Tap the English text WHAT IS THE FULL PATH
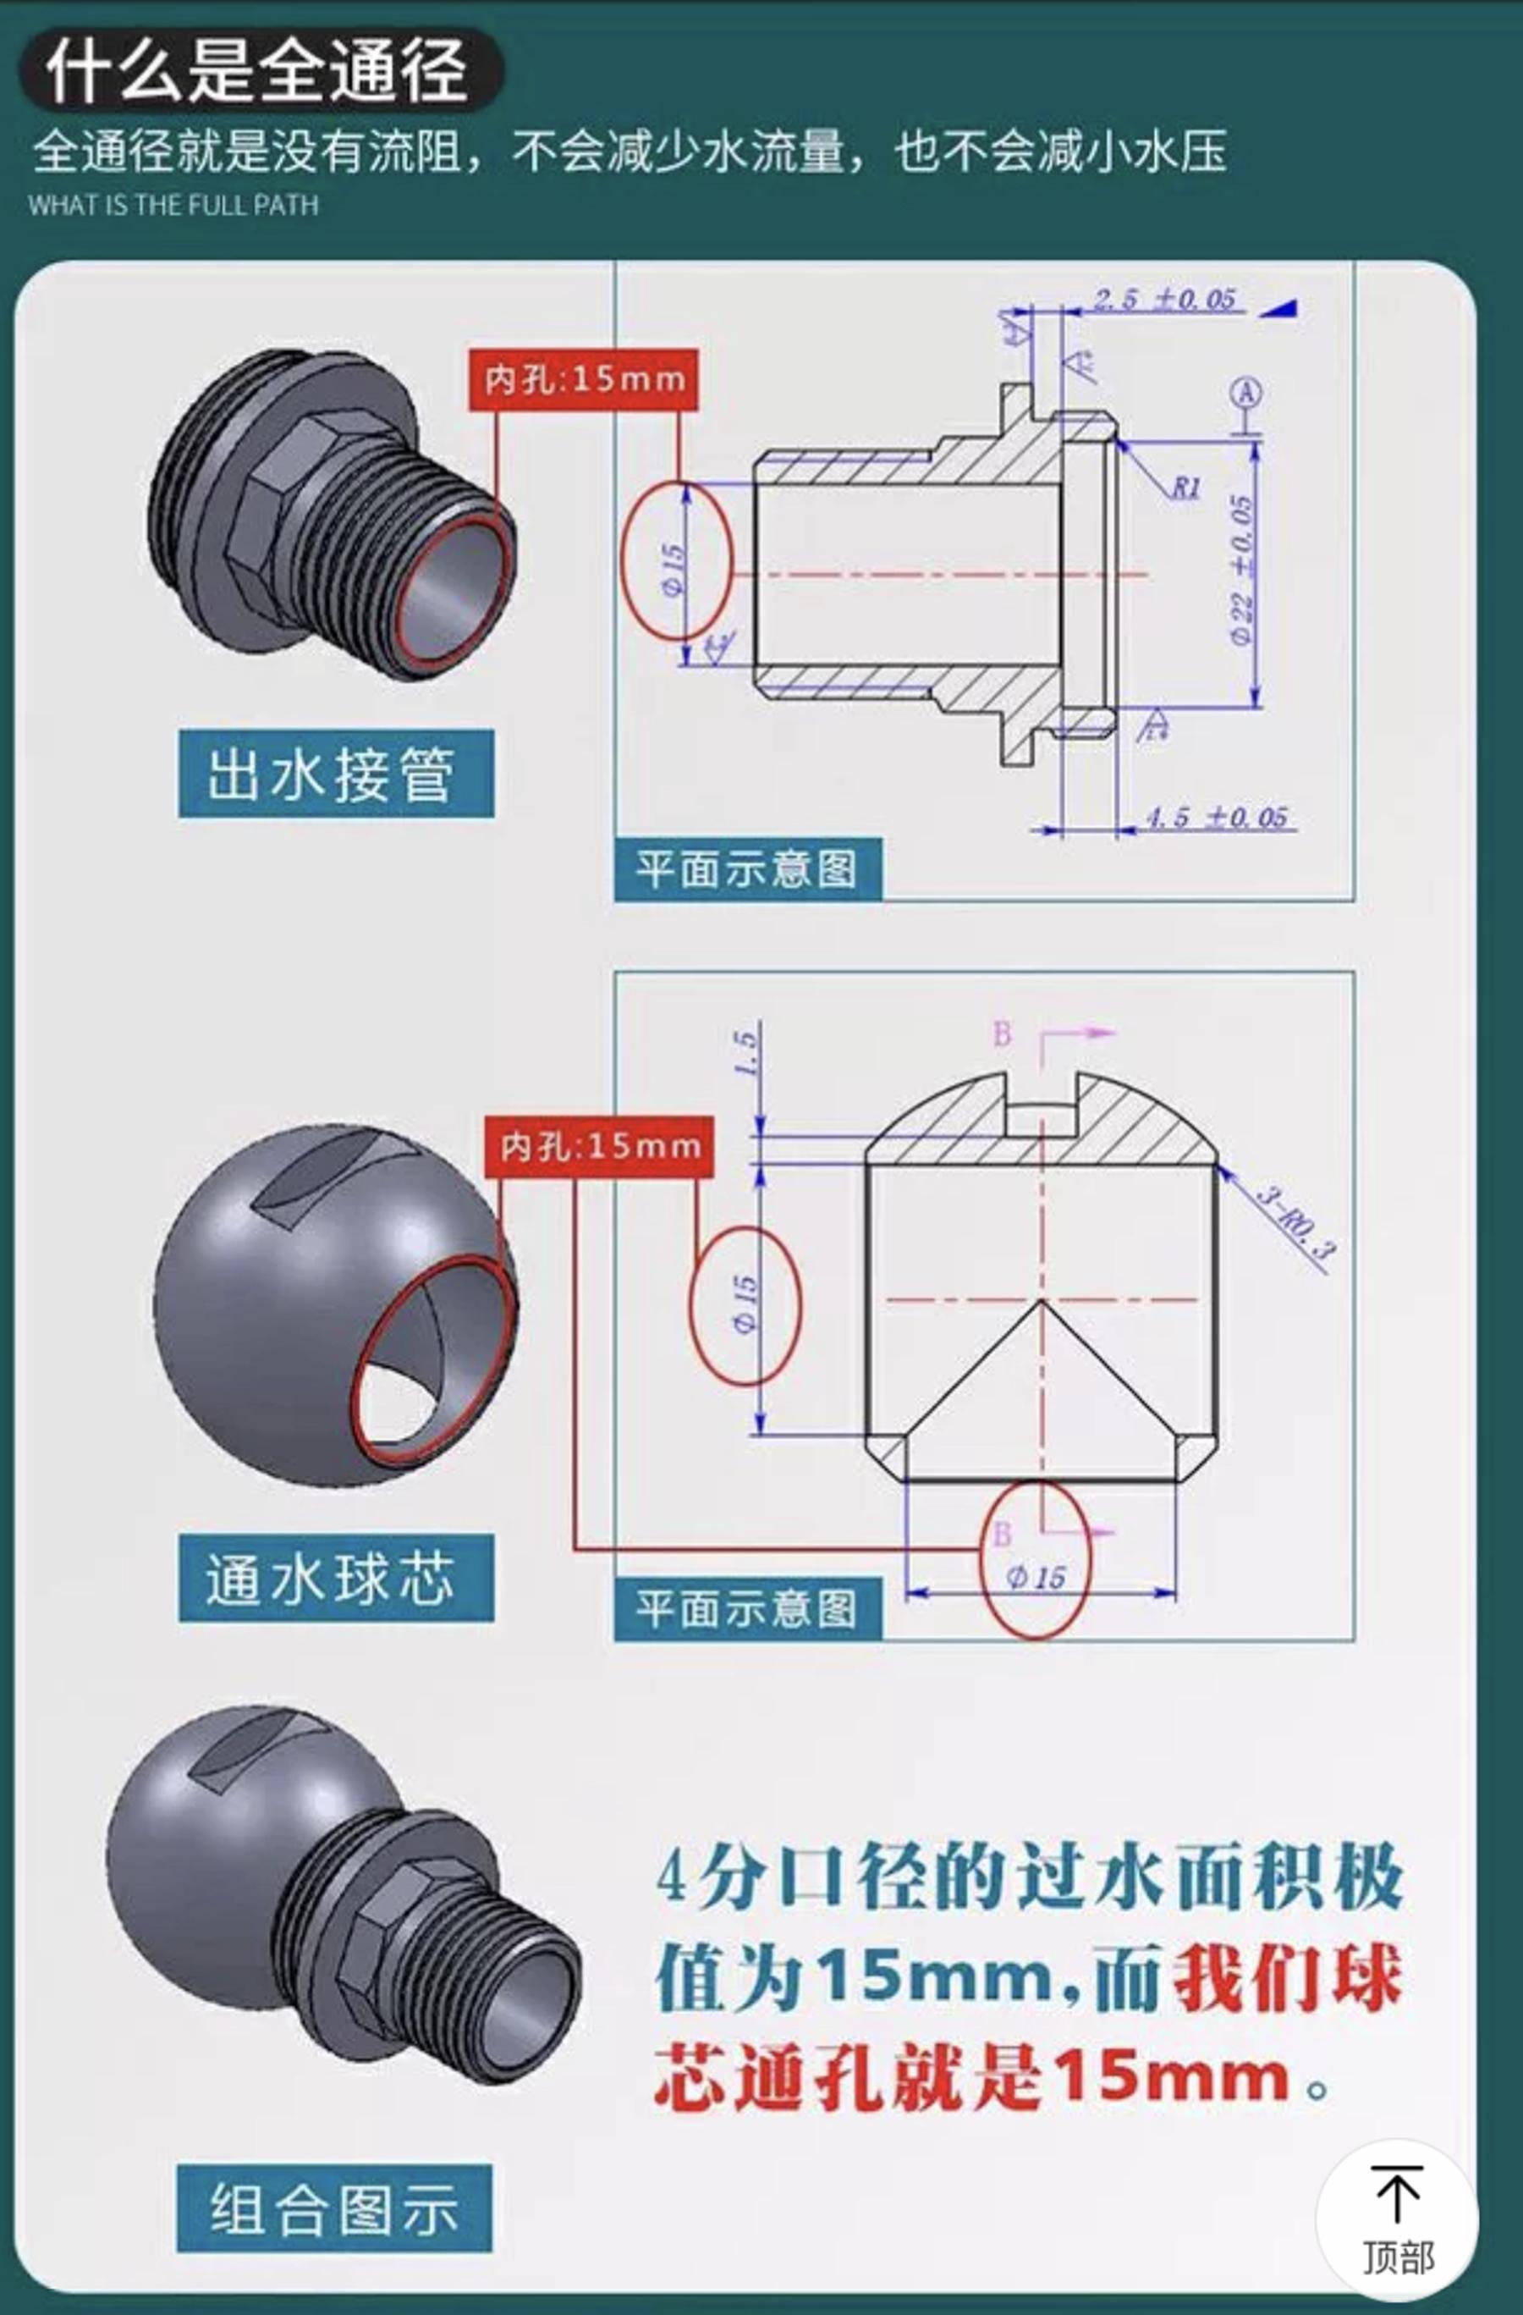coord(173,205)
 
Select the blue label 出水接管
coord(336,774)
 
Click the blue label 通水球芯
coord(336,1578)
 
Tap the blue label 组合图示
coord(334,2208)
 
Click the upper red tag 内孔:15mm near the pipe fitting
coord(584,379)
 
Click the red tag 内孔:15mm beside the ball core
coord(599,1147)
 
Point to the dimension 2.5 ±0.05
coord(1164,299)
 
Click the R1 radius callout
coord(1185,488)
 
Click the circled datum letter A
coord(1247,393)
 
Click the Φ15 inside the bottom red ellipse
coord(1035,1577)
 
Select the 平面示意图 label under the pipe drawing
coord(747,869)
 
